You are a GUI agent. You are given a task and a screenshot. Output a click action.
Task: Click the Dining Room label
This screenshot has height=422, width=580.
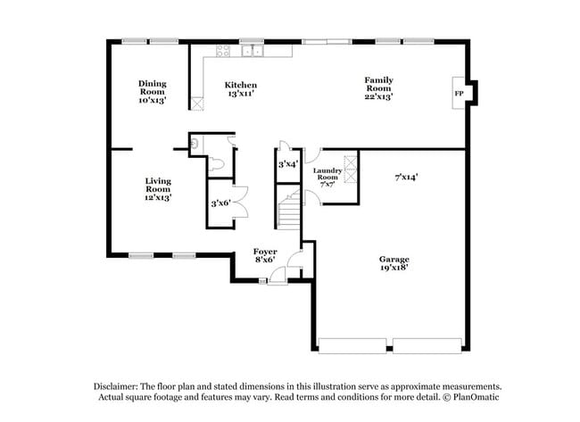point(152,92)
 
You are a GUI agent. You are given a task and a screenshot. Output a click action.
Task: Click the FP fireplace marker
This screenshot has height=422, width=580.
point(459,93)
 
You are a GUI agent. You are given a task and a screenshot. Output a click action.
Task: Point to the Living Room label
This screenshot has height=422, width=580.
point(157,188)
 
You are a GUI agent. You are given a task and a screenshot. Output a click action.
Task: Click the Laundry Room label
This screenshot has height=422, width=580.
point(327,177)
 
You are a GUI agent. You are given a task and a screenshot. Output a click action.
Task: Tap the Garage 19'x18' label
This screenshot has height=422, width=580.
point(394,264)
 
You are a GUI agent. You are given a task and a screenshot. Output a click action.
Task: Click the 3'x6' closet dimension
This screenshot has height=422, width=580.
point(220,203)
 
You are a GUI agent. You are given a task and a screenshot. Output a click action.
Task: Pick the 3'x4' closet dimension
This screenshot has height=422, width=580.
point(287,164)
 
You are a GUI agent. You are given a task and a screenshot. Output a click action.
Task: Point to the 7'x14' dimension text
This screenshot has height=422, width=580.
point(407,177)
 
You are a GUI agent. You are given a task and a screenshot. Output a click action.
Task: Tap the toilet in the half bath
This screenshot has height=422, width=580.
point(218,165)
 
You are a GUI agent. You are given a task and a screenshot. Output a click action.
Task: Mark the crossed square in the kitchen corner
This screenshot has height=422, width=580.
point(197,103)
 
